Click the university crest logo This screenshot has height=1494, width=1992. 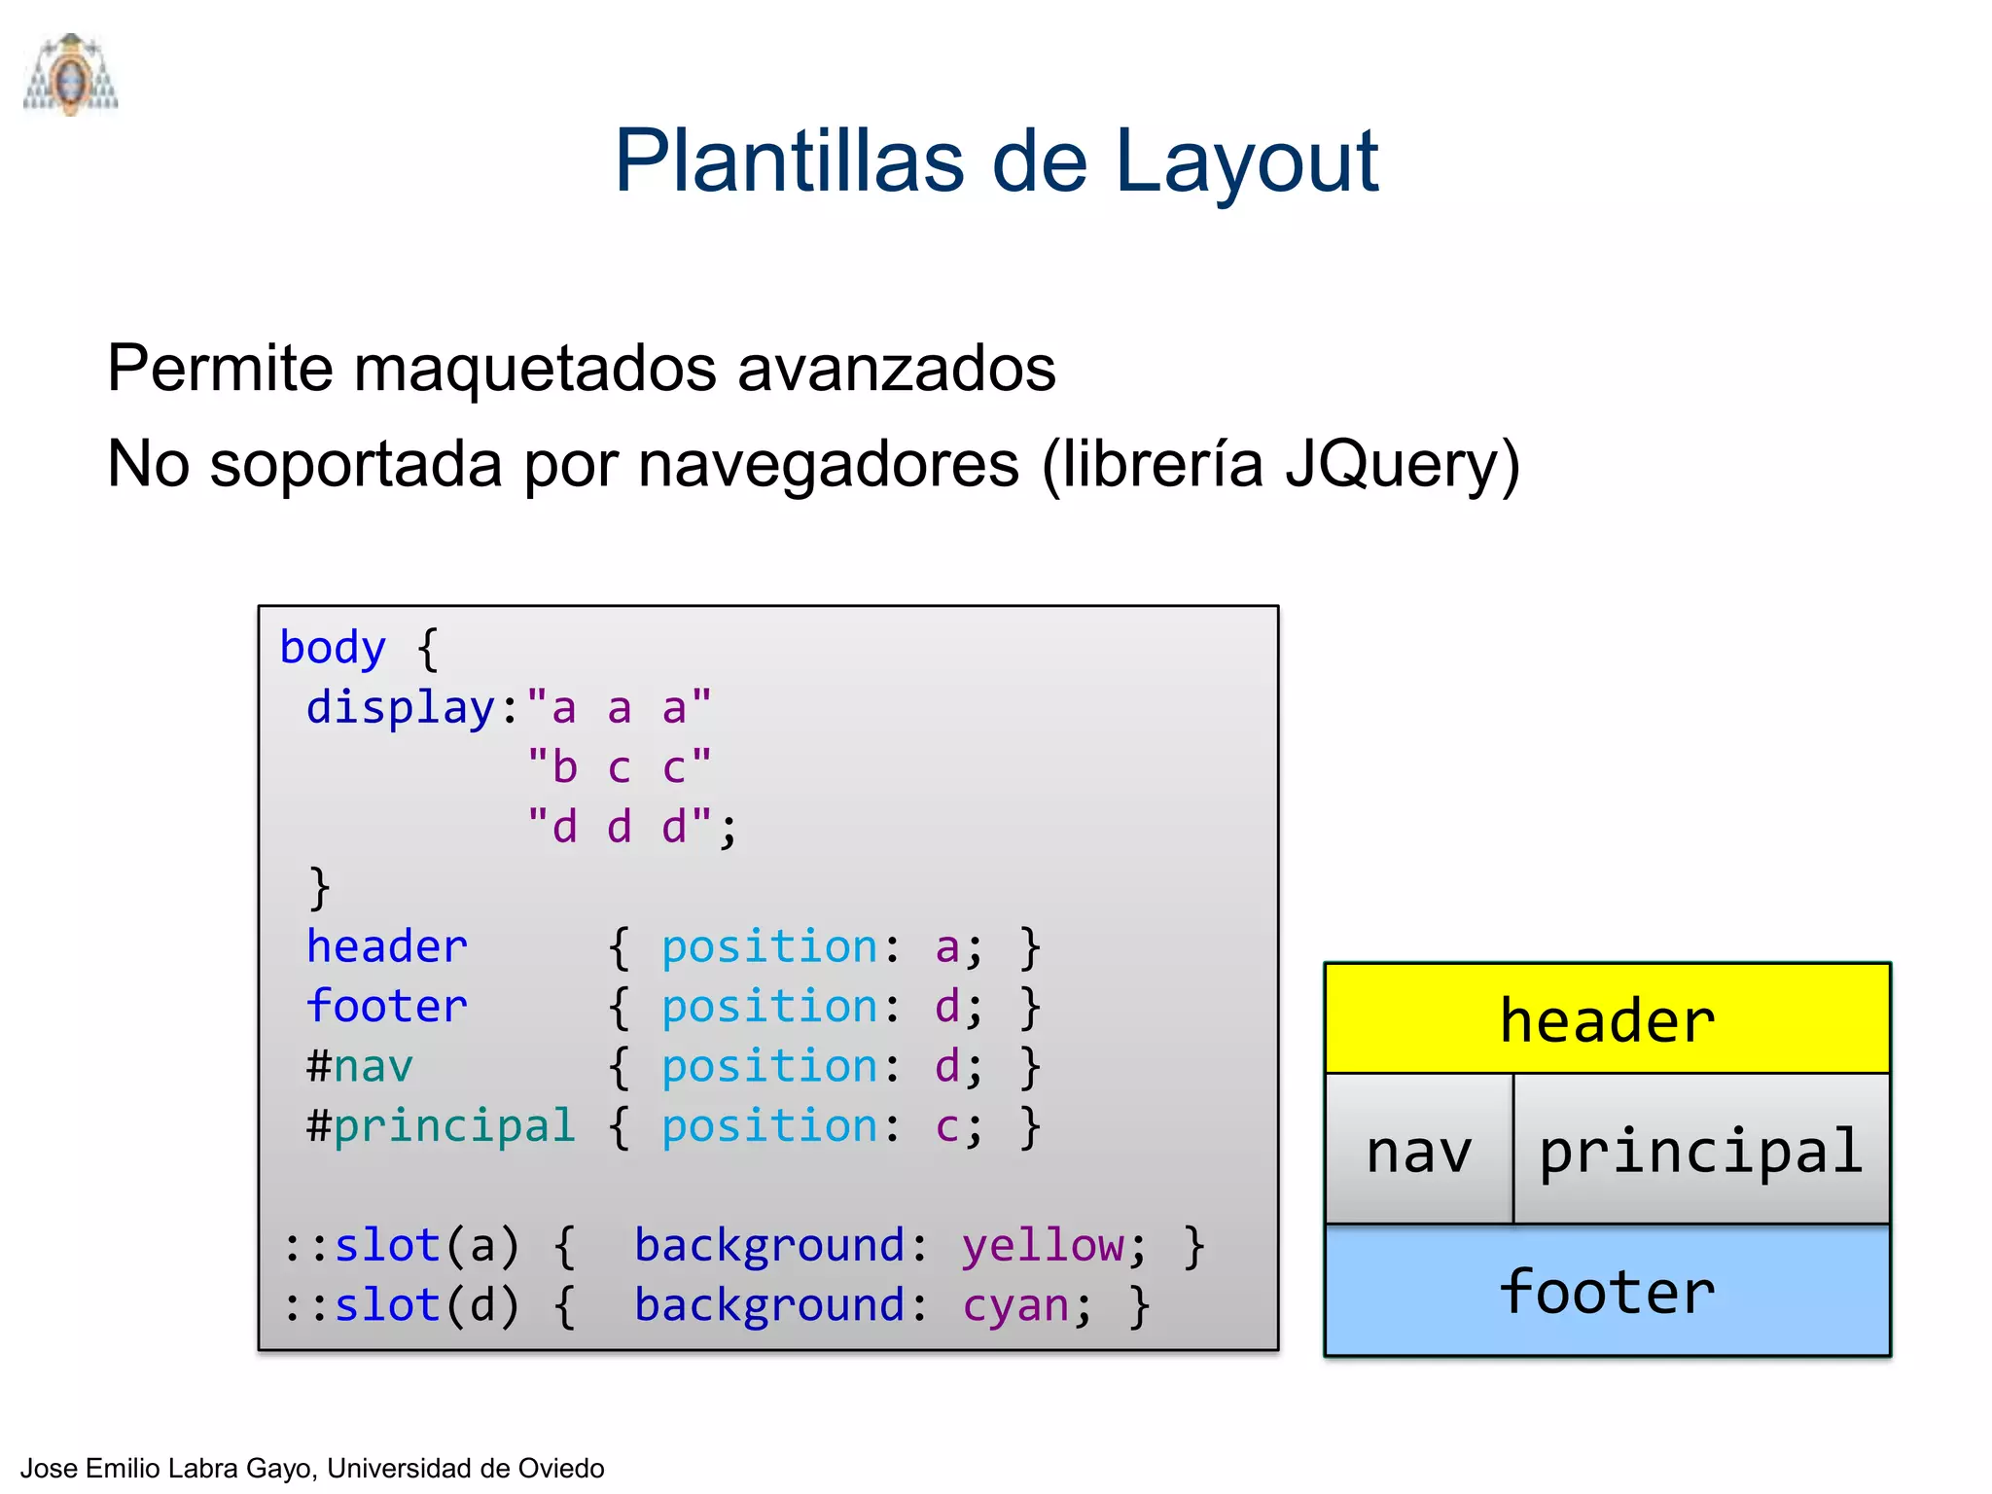70,75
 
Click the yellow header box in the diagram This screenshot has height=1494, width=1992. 1607,1019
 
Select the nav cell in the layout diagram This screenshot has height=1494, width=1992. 1418,1151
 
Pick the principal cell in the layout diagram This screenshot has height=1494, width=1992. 1700,1151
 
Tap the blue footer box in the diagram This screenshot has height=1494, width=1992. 1607,1292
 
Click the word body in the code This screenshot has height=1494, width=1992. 333,648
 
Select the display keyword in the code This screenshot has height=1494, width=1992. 400,708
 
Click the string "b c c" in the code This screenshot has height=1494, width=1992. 620,767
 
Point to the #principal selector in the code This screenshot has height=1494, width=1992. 441,1126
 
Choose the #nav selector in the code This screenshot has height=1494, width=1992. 360,1067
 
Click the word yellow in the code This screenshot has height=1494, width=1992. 1042,1246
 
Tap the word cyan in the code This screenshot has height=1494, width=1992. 1015,1305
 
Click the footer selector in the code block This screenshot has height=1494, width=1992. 386,1007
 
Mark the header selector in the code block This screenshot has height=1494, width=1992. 386,947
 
